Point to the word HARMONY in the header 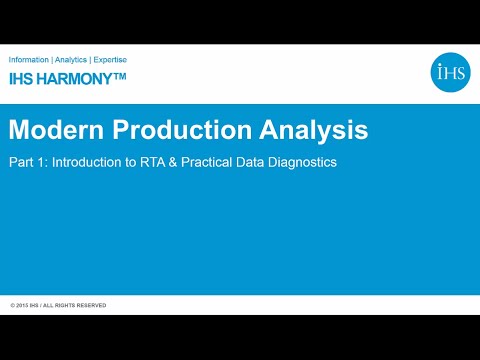(71, 78)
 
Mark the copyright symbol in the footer (13, 305)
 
